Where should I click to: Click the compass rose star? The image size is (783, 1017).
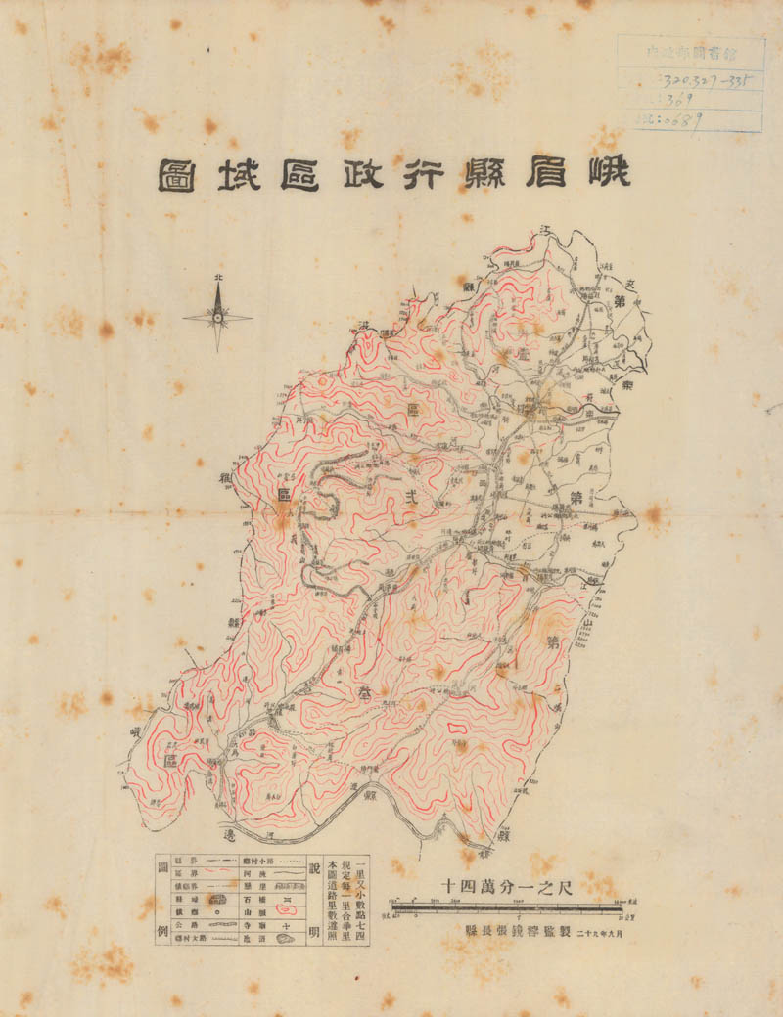[217, 316]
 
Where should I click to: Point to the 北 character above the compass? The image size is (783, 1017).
[217, 278]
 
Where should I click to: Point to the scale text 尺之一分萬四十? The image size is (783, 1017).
[508, 884]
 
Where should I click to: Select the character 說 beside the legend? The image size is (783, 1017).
[313, 867]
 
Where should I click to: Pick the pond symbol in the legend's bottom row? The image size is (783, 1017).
[285, 939]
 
